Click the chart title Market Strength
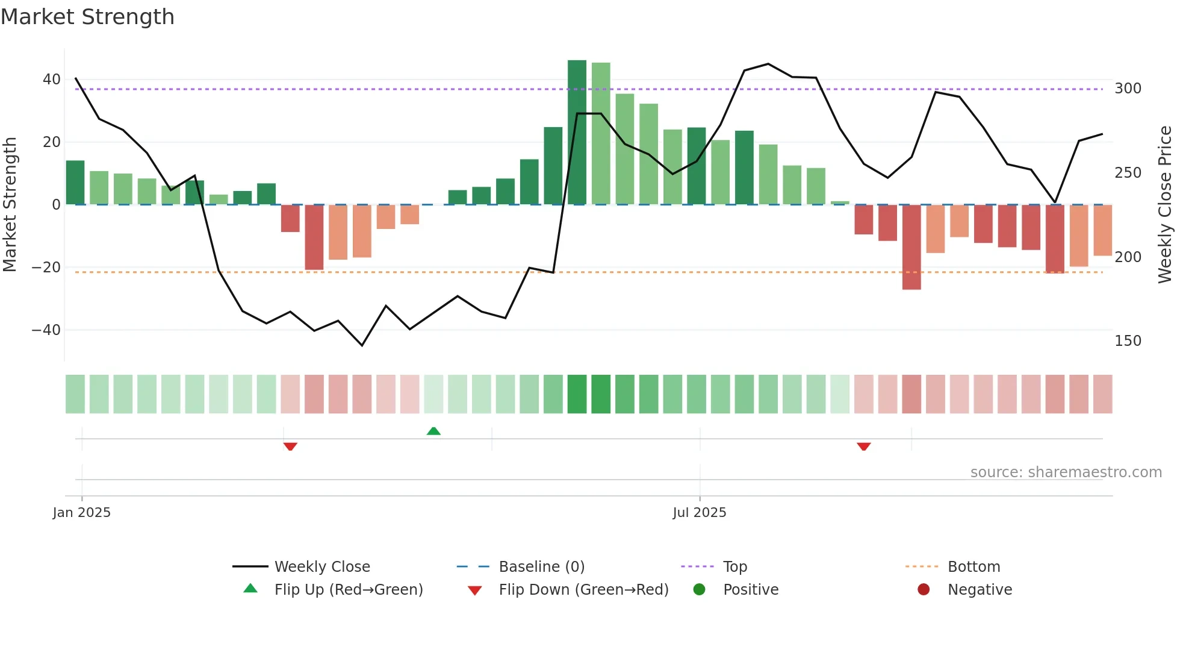point(87,17)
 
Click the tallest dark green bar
point(577,133)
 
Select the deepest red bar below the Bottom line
point(911,247)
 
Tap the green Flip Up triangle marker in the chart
point(433,431)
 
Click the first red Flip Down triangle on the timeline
point(290,446)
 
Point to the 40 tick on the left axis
point(52,80)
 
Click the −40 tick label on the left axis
point(46,330)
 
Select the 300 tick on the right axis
point(1128,89)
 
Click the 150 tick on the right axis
point(1128,341)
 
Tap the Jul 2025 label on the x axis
point(700,513)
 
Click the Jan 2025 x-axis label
point(82,513)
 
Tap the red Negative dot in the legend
point(924,590)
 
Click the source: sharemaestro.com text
point(1066,472)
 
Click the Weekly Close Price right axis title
point(1166,205)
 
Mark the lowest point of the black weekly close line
point(362,345)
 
